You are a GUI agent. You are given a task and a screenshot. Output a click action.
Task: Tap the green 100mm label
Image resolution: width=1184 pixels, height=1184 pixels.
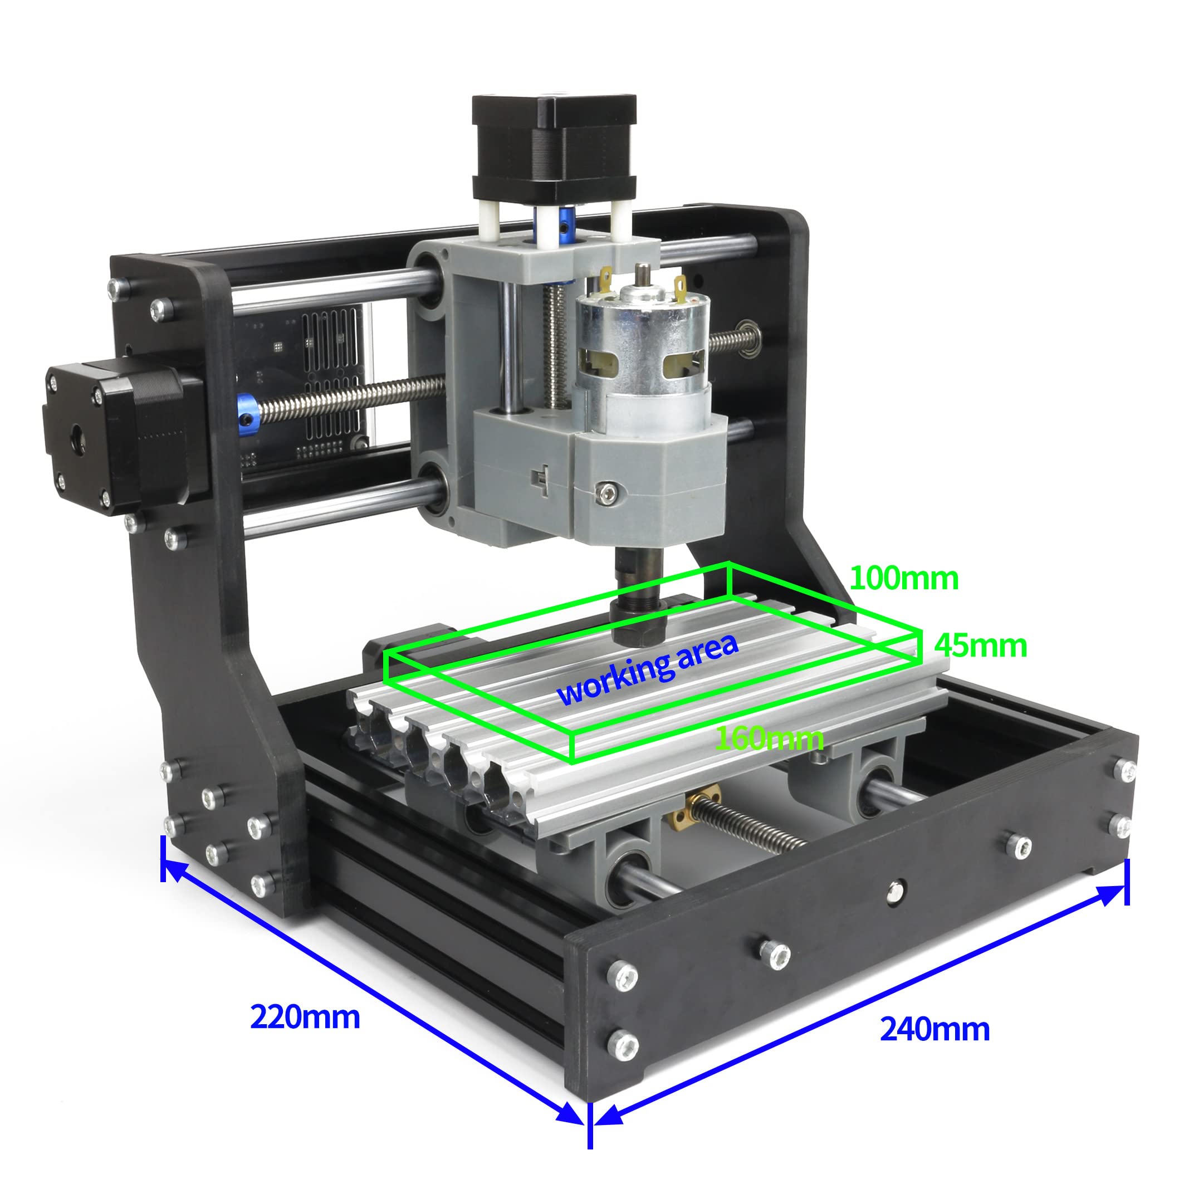point(904,579)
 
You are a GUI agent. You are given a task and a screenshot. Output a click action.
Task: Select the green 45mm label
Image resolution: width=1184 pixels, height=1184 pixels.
point(981,646)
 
